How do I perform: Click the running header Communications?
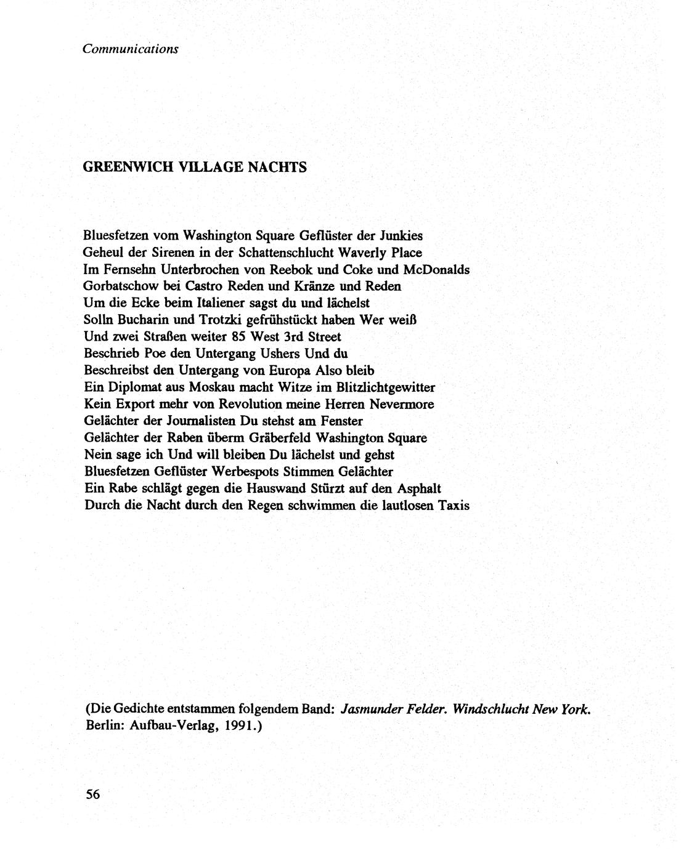point(131,49)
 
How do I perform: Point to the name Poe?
point(150,354)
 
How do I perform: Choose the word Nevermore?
point(402,405)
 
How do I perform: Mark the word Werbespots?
point(245,472)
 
